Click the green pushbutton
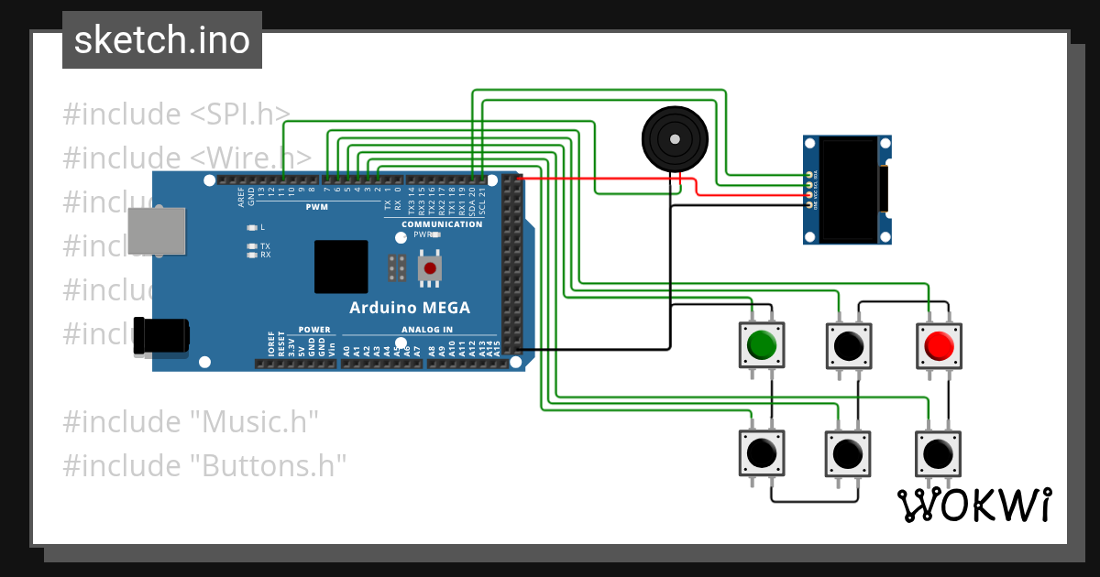pos(761,345)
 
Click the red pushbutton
pos(939,345)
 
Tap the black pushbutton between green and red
pos(849,345)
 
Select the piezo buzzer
pos(675,138)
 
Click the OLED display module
pos(847,190)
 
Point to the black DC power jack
pos(160,334)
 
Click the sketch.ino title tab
pos(162,40)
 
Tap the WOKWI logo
pos(973,505)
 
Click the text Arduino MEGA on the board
pos(410,308)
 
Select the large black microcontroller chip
pos(341,267)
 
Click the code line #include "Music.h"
pos(191,422)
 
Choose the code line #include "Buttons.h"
pos(204,465)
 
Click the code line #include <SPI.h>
pos(176,114)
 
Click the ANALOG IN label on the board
pos(426,330)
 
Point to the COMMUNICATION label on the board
pos(442,224)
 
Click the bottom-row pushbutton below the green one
pos(761,453)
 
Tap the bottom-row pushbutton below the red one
pos(937,453)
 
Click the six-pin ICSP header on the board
pos(397,268)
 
